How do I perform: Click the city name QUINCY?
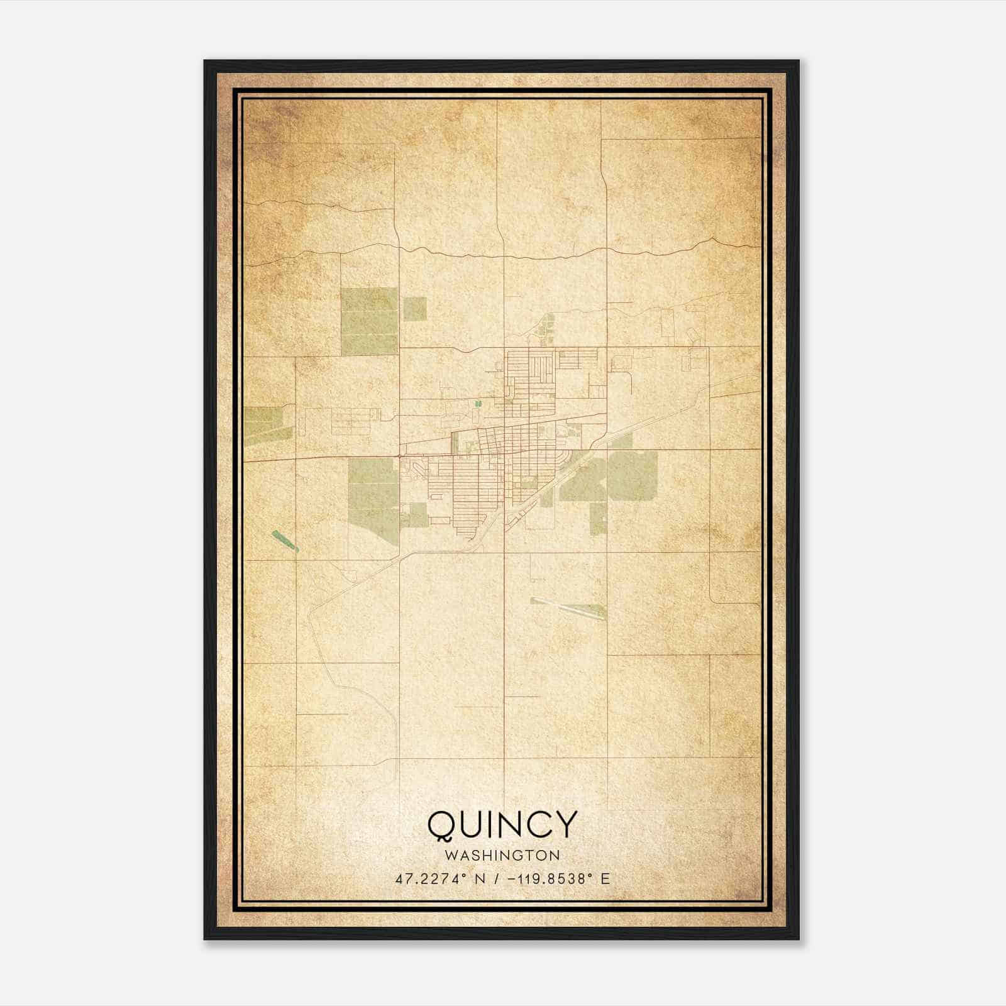tap(502, 824)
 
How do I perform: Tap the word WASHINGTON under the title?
tap(502, 855)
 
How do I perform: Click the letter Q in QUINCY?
tap(442, 825)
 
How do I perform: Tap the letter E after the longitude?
tap(605, 879)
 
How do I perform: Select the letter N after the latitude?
tap(480, 879)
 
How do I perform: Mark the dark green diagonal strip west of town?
tap(284, 540)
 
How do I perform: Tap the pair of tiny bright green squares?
tap(477, 404)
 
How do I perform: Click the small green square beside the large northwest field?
tap(414, 308)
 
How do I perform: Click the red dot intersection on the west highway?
tap(400, 455)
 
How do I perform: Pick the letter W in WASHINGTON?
tap(450, 855)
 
